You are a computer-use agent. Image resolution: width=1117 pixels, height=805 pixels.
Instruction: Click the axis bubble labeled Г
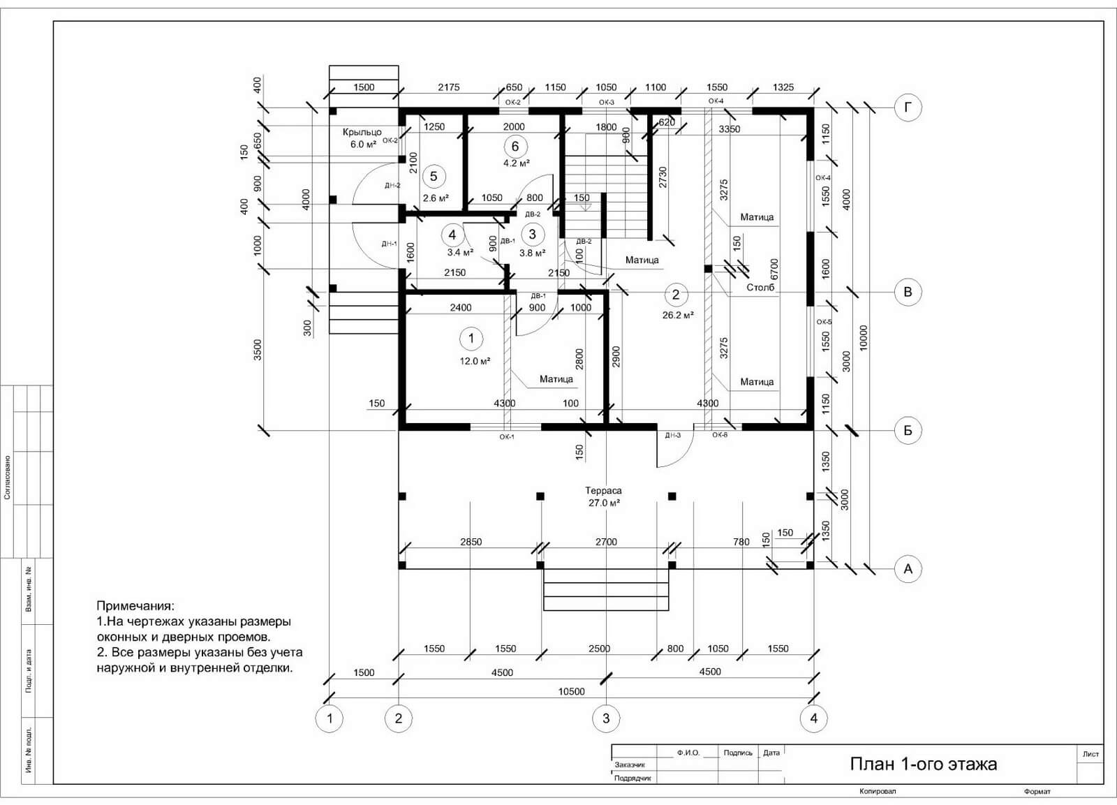(x=908, y=108)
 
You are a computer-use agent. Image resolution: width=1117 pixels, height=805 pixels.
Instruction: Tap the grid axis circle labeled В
(x=908, y=292)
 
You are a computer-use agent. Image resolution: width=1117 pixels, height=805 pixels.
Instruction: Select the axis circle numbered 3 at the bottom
(x=606, y=718)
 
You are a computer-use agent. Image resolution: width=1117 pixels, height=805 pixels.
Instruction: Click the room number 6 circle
(x=515, y=147)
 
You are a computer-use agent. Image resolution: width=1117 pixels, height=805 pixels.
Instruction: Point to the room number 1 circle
(x=471, y=339)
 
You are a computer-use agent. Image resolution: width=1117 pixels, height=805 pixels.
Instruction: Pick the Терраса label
(x=603, y=491)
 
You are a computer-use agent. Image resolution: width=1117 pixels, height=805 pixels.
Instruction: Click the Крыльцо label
(x=362, y=132)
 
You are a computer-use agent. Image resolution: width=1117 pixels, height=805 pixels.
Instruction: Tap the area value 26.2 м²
(x=678, y=315)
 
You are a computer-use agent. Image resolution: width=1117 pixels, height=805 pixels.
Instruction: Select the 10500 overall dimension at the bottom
(x=572, y=691)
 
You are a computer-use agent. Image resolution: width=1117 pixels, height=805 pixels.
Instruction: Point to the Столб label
(x=760, y=288)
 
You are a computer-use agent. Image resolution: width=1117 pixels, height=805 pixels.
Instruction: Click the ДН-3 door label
(x=673, y=436)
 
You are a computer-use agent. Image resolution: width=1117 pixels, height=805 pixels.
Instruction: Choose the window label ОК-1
(x=507, y=437)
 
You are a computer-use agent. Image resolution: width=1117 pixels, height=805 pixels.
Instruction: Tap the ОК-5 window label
(x=824, y=322)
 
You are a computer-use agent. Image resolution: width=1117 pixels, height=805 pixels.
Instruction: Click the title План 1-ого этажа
(x=924, y=764)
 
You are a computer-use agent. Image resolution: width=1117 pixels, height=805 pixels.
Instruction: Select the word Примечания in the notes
(x=135, y=607)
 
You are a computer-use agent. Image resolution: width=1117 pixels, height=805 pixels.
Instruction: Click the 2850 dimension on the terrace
(x=471, y=542)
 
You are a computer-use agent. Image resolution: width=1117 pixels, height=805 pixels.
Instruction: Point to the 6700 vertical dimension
(x=774, y=269)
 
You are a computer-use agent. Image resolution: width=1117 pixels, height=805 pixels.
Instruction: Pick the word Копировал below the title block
(x=878, y=792)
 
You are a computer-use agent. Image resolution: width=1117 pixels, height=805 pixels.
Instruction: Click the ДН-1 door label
(x=390, y=244)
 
